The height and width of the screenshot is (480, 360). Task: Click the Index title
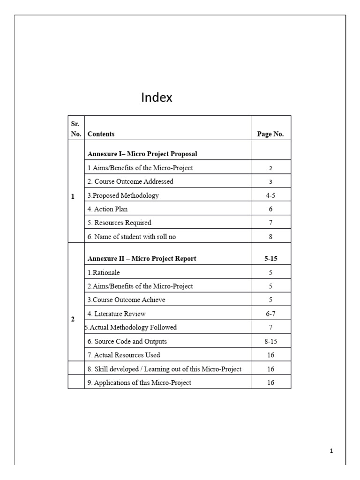[x=157, y=97]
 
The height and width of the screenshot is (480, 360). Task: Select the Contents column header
[x=101, y=134]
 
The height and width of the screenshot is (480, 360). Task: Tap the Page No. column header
[x=270, y=134]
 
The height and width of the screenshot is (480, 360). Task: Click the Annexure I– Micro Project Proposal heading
[x=142, y=154]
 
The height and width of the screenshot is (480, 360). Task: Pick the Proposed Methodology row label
[x=123, y=195]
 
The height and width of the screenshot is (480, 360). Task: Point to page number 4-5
[x=270, y=195]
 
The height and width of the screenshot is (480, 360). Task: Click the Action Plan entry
[x=107, y=209]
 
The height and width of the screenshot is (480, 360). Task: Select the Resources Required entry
[x=120, y=223]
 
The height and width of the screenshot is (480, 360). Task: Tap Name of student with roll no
[x=132, y=237]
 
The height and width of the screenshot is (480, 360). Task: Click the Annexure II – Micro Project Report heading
[x=142, y=258]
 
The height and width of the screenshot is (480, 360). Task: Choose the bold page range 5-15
[x=270, y=258]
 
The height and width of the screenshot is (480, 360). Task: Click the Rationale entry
[x=104, y=272]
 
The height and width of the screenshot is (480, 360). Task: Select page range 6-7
[x=270, y=314]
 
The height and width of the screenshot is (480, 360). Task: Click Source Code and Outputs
[x=127, y=341]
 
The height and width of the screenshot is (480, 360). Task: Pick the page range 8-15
[x=270, y=341]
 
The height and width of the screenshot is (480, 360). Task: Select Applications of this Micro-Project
[x=139, y=382]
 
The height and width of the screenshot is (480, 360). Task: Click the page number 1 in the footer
[x=331, y=451]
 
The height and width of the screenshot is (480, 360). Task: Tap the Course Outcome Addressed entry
[x=130, y=181]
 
